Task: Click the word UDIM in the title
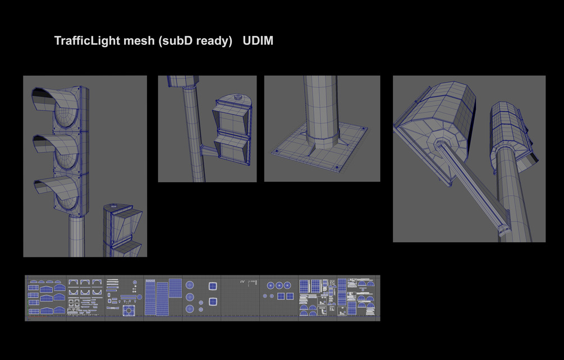[258, 41]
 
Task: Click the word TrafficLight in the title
[85, 41]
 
